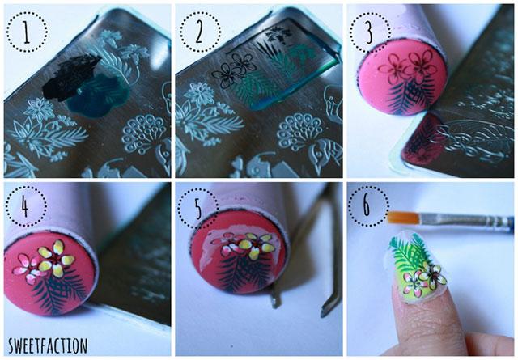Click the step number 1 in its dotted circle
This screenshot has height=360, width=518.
pyautogui.click(x=27, y=32)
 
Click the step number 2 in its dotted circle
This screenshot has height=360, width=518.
pyautogui.click(x=199, y=32)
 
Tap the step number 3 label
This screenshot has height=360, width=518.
pyautogui.click(x=369, y=32)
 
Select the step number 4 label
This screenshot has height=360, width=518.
pyautogui.click(x=25, y=206)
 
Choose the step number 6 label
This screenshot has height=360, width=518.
pyautogui.click(x=367, y=205)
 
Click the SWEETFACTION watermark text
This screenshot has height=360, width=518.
pyautogui.click(x=48, y=345)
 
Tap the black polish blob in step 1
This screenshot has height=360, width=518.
pyautogui.click(x=71, y=77)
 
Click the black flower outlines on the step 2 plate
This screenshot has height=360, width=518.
pyautogui.click(x=234, y=69)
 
